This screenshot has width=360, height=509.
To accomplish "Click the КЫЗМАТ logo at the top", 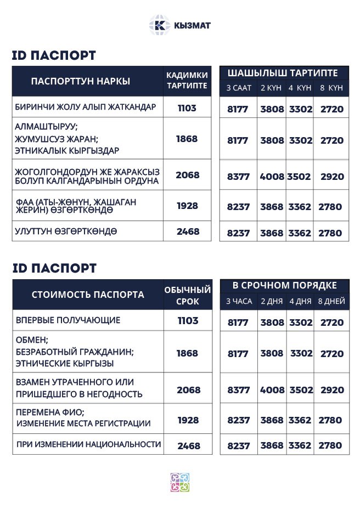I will click(179, 25).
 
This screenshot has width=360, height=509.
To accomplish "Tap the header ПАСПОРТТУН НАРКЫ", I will click(81, 82).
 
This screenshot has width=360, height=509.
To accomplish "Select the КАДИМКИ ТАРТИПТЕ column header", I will click(187, 80).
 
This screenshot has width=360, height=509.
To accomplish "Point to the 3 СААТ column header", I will click(239, 88).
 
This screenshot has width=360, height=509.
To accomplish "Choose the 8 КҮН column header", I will click(331, 88).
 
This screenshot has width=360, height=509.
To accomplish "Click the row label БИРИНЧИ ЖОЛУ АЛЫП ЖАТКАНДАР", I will click(86, 107).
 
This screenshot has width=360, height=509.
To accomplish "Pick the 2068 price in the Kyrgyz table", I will click(187, 176).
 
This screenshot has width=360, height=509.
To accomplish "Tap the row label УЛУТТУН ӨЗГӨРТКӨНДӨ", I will click(66, 231).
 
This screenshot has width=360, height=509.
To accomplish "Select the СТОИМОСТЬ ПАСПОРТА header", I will click(88, 295).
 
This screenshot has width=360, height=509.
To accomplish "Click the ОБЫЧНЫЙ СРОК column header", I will click(188, 295).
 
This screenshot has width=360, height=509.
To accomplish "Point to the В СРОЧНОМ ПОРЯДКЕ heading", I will click(284, 286).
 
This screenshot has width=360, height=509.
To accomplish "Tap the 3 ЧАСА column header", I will click(239, 301).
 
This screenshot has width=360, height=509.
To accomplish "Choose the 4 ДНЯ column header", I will click(300, 301).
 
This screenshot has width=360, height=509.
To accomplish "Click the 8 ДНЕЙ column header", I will click(331, 301).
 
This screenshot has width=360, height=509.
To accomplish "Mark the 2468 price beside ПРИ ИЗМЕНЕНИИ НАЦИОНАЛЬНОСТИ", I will click(188, 446).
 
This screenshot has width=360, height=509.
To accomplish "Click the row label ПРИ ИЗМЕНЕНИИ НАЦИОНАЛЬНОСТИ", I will click(88, 444).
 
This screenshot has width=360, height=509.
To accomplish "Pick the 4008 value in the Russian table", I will click(272, 390).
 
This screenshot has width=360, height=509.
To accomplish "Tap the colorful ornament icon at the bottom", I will click(179, 483).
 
